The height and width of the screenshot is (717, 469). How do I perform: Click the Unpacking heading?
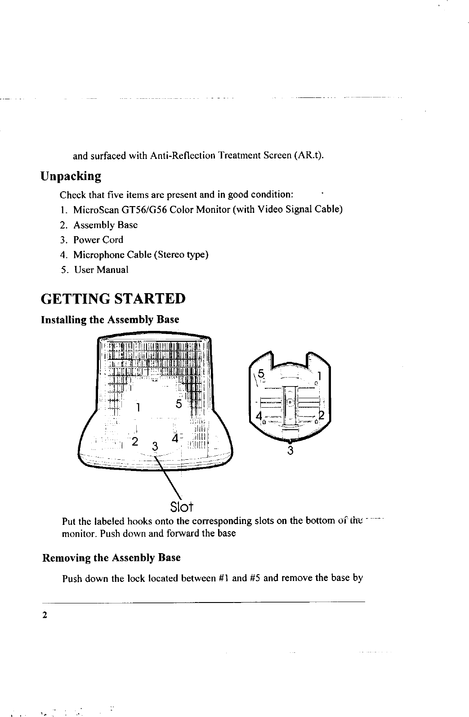[x=71, y=176]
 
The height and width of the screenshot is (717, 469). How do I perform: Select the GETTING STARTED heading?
[x=112, y=299]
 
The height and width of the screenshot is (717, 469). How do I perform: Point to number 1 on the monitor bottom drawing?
[x=139, y=407]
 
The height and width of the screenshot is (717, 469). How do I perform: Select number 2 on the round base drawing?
[x=322, y=414]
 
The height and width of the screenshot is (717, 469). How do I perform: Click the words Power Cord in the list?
[x=98, y=240]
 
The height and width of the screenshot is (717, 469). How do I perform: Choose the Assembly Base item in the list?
[x=105, y=225]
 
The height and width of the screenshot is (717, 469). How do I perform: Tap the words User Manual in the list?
[x=101, y=270]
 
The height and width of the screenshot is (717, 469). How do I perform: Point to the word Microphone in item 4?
[x=96, y=255]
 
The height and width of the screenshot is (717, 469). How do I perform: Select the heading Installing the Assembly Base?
[x=110, y=320]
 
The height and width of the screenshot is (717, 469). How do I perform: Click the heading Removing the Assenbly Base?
[x=111, y=558]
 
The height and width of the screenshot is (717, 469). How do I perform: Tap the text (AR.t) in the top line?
[x=308, y=157]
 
